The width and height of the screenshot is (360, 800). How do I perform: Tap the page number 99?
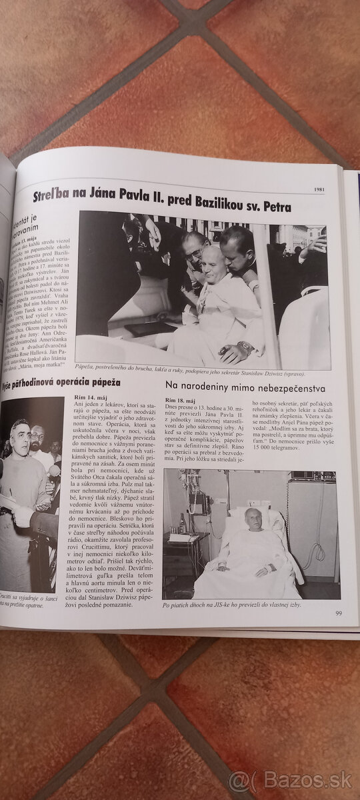339,613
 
